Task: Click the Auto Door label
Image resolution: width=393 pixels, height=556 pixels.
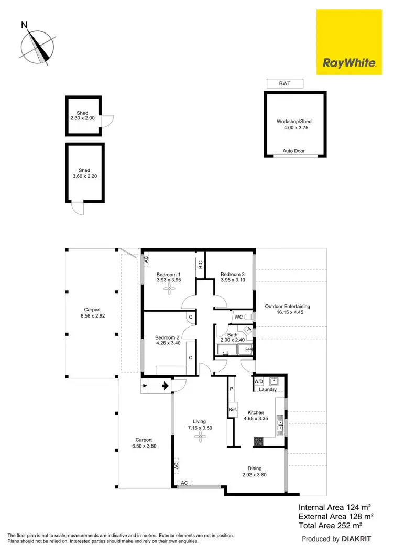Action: (x=293, y=151)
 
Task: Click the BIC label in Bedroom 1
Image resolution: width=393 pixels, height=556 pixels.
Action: (x=200, y=265)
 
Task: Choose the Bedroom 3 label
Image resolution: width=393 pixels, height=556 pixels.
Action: (x=232, y=274)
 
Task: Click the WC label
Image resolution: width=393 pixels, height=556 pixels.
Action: (x=238, y=317)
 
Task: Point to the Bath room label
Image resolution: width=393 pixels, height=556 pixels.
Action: (x=232, y=334)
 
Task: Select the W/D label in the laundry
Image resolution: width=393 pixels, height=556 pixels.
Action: (x=259, y=381)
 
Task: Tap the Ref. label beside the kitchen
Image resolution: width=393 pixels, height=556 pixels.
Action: (x=233, y=409)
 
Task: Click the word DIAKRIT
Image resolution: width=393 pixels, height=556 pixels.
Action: (x=357, y=539)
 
